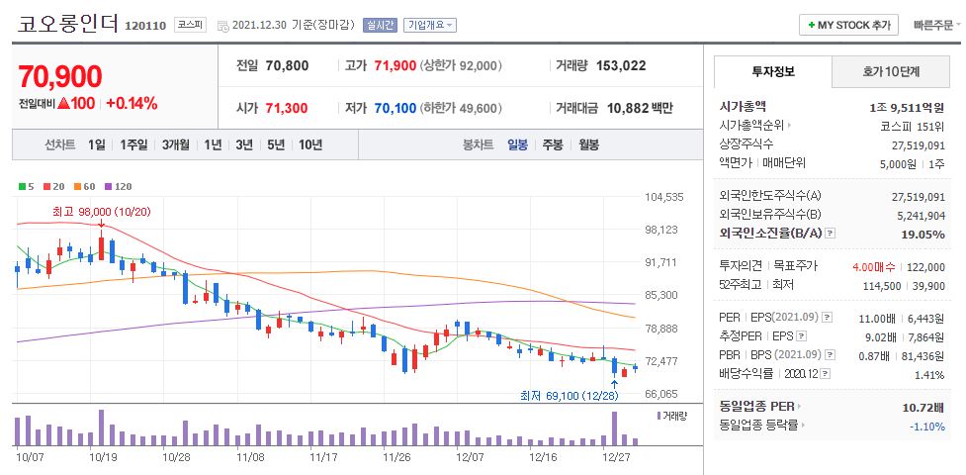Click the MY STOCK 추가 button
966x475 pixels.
pyautogui.click(x=849, y=25)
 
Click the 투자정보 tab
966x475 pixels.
pyautogui.click(x=772, y=71)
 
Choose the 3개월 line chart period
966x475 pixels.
pyautogui.click(x=178, y=144)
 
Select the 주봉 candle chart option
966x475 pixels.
pyautogui.click(x=552, y=144)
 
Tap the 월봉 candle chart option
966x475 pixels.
pyautogui.click(x=589, y=144)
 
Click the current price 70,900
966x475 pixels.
pyautogui.click(x=60, y=76)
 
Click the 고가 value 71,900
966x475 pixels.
pyautogui.click(x=394, y=66)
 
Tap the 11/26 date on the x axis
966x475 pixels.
pyautogui.click(x=396, y=457)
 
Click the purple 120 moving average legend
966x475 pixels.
pyautogui.click(x=119, y=186)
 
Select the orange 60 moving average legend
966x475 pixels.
pyautogui.click(x=85, y=186)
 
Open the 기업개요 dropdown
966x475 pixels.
pyautogui.click(x=430, y=25)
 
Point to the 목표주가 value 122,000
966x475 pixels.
pyautogui.click(x=923, y=267)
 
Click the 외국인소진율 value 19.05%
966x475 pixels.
pyautogui.click(x=922, y=235)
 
